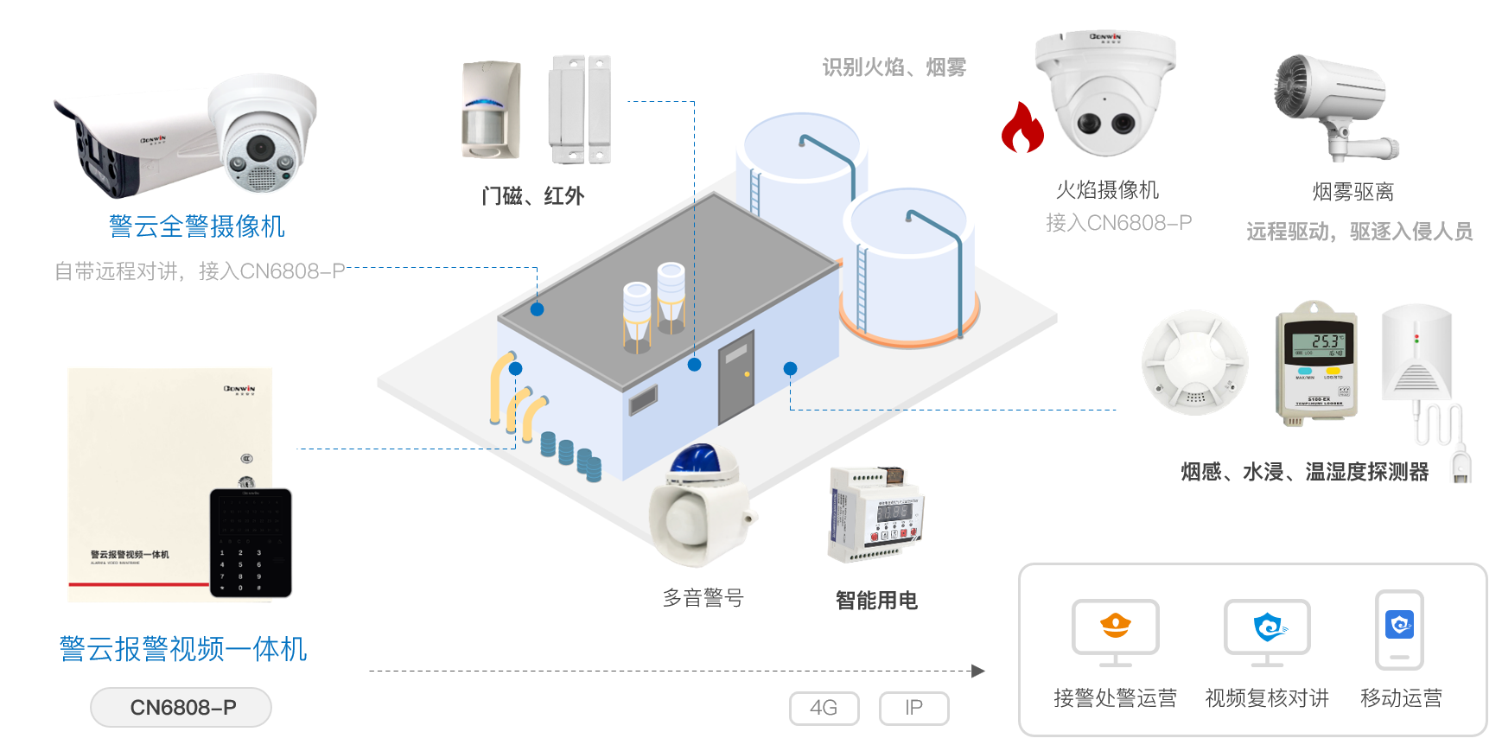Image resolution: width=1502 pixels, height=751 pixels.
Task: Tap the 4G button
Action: pyautogui.click(x=824, y=708)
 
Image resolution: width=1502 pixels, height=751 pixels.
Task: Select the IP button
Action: pyautogui.click(x=913, y=708)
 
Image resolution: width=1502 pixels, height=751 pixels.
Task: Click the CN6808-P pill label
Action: pyautogui.click(x=181, y=707)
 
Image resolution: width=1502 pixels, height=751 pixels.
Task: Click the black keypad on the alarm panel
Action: pyautogui.click(x=251, y=542)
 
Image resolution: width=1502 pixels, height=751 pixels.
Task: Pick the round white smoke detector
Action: pyautogui.click(x=1195, y=363)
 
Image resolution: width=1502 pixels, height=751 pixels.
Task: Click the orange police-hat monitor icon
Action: pyautogui.click(x=1115, y=626)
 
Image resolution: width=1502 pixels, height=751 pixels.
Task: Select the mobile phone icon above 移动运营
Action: pyautogui.click(x=1399, y=628)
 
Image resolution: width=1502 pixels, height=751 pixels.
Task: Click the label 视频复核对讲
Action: pyautogui.click(x=1267, y=697)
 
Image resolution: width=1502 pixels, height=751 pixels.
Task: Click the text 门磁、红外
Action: pyautogui.click(x=532, y=196)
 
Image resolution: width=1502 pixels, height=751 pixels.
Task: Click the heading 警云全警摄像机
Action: pyautogui.click(x=196, y=226)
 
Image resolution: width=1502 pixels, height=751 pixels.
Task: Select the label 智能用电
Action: pyautogui.click(x=875, y=600)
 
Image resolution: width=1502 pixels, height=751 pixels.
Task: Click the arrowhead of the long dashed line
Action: pyautogui.click(x=978, y=671)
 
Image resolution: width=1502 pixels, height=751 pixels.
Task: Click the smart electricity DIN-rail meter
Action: pyautogui.click(x=875, y=515)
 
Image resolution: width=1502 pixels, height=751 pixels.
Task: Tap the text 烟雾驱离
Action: pyautogui.click(x=1352, y=192)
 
